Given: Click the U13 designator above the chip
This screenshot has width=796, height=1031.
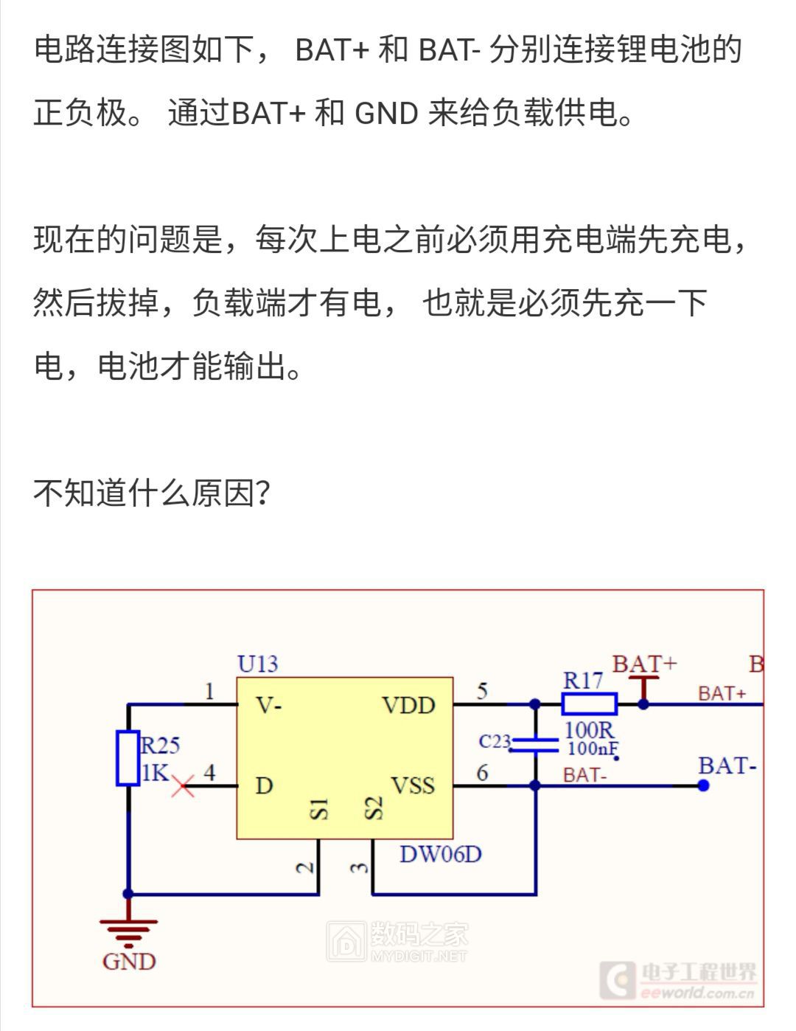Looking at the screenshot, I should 257,664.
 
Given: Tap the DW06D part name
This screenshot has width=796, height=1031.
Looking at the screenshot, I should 440,854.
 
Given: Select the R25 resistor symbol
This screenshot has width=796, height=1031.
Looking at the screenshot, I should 128,758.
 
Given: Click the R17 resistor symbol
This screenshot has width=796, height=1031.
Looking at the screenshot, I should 589,704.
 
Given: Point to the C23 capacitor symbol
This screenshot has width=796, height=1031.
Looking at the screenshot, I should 535,745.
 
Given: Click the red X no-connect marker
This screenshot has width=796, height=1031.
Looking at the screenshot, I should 183,786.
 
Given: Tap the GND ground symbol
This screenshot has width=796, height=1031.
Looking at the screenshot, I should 128,933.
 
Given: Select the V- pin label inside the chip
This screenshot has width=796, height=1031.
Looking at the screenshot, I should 269,706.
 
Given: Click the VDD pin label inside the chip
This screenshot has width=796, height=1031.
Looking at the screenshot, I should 408,706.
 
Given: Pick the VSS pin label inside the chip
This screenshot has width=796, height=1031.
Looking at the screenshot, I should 412,786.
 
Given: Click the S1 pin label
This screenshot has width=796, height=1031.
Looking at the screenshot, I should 319,809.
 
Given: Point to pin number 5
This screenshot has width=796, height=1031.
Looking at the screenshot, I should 482,691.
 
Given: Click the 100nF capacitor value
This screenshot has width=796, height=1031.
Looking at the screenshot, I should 592,749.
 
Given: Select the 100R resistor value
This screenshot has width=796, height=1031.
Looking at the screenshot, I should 588,730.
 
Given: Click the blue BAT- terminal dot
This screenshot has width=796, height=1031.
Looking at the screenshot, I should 703,786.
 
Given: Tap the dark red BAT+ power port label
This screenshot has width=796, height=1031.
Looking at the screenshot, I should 643,664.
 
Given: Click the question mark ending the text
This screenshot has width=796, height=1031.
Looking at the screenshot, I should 263,493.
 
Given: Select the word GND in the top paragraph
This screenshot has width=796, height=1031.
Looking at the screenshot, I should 386,114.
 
